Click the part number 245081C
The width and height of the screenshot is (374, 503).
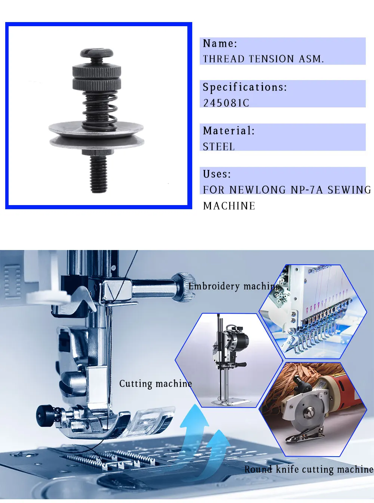[226, 103]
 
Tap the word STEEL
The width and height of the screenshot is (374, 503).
[218, 146]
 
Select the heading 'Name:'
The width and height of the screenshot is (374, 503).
[220, 43]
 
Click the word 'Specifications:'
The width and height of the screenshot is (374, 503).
[245, 87]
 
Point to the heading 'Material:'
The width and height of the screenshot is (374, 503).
[229, 131]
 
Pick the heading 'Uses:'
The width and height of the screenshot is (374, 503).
[217, 174]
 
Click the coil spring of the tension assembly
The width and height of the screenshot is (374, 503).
[100, 111]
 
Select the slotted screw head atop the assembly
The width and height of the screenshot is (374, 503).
[97, 53]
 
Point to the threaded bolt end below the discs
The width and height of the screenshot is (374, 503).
[98, 174]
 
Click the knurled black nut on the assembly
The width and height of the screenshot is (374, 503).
[96, 77]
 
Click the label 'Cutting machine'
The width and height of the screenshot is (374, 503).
[156, 384]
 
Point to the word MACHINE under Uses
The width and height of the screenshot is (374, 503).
[229, 206]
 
